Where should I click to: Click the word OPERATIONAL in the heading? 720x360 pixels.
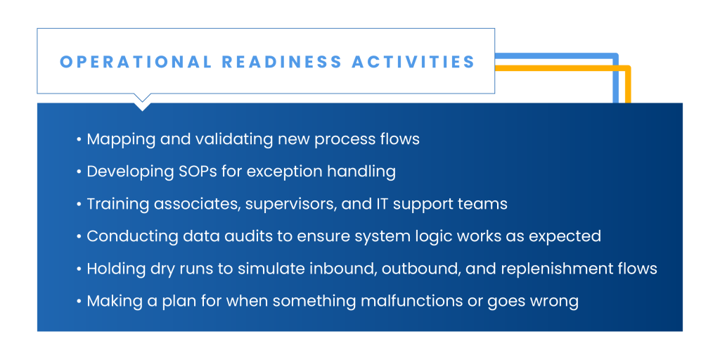(136, 62)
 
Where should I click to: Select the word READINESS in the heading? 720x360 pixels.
(282, 62)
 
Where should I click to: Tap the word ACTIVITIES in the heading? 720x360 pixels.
(413, 62)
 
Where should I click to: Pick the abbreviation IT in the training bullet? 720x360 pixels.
(374, 203)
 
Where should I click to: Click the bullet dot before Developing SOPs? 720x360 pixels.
(79, 172)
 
